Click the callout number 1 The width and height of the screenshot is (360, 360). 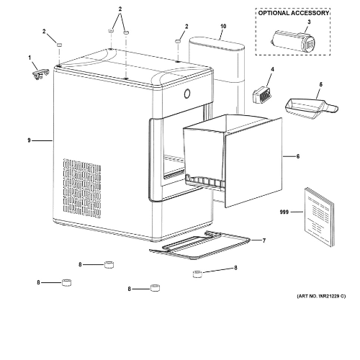coord(30,57)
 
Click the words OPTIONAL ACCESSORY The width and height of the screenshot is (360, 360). coord(292,12)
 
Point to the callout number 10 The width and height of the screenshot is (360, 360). coord(222,26)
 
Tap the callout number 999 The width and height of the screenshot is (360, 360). coord(286,213)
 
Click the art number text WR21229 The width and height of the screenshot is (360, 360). coord(321,296)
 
